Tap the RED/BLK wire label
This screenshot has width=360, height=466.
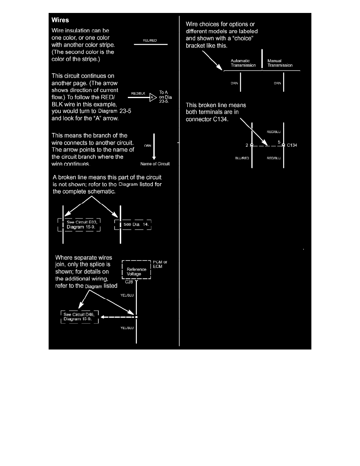[138, 94]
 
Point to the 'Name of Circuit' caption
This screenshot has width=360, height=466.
[155, 164]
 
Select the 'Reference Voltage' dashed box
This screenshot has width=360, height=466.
[136, 269]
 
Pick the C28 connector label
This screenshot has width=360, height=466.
[129, 282]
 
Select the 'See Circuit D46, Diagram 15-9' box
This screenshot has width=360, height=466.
[79, 317]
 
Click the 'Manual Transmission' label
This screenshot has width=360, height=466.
[280, 63]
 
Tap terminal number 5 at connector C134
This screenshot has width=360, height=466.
[279, 141]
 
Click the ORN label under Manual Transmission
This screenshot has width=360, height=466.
[277, 83]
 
